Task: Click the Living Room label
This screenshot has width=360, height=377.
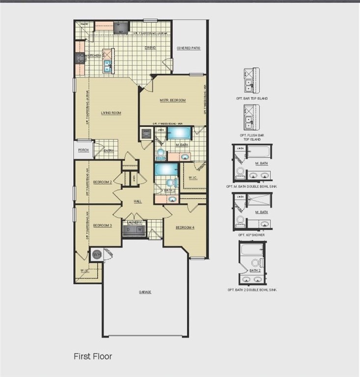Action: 111,113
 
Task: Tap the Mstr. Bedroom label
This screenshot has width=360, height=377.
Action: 173,100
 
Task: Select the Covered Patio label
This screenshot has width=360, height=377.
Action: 189,48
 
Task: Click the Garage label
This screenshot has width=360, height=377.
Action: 145,292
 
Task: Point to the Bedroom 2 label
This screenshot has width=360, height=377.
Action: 103,182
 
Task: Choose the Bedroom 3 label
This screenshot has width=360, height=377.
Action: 103,225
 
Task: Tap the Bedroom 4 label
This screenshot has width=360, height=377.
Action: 185,227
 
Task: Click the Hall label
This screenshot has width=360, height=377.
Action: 139,201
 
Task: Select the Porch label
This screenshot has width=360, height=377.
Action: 83,150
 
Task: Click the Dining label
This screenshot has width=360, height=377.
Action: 150,48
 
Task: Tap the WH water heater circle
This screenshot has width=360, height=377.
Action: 96,254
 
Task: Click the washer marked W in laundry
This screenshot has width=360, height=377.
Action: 139,230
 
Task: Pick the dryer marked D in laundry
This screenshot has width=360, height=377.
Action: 129,230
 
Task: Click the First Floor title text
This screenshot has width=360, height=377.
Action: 93,356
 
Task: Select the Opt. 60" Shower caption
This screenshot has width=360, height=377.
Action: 252,235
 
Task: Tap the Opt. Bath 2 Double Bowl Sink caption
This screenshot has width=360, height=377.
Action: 252,290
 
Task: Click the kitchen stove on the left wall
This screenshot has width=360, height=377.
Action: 80,58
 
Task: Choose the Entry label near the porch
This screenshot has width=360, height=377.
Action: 109,151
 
